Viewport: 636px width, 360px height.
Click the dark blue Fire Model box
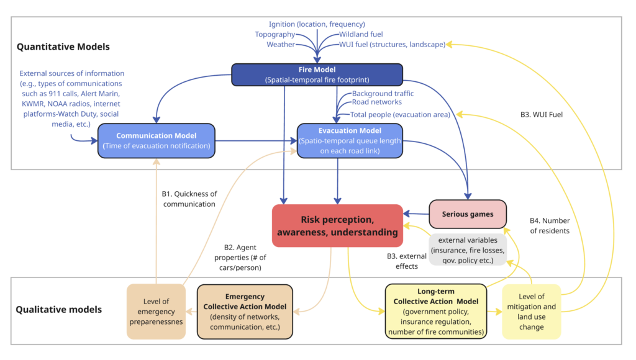click(317, 74)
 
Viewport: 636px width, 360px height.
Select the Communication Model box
click(156, 140)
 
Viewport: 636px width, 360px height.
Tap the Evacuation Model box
click(350, 140)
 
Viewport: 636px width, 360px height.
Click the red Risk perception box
click(337, 225)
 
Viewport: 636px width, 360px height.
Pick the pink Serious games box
click(468, 214)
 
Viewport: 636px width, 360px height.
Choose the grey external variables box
click(467, 250)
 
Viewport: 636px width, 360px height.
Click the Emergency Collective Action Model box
click(245, 312)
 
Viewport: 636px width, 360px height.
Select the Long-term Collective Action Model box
click(435, 312)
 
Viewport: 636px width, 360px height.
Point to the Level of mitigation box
click(532, 312)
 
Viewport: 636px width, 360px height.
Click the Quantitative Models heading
click(63, 46)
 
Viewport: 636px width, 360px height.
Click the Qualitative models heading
click(60, 308)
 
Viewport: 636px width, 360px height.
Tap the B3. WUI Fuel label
click(542, 114)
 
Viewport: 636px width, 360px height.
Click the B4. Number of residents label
click(550, 225)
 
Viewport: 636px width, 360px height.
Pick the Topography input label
click(274, 34)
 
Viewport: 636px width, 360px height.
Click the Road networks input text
click(376, 102)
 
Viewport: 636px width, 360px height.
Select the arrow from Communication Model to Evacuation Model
click(255, 141)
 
